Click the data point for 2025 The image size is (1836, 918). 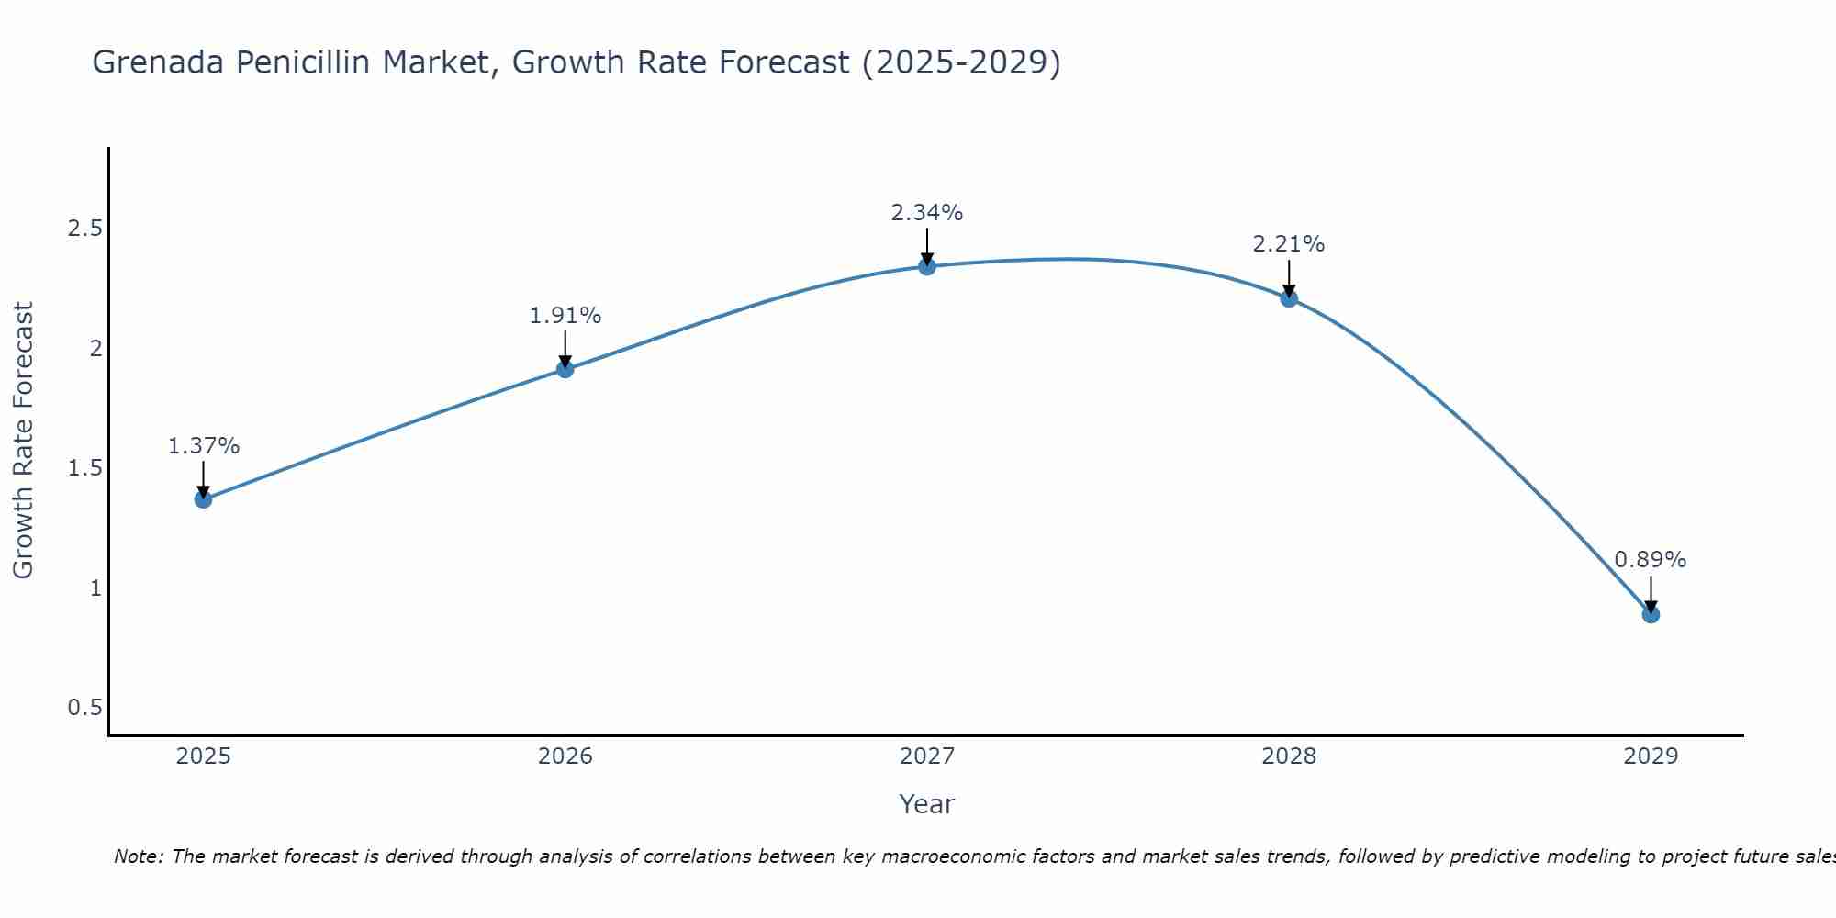[204, 499]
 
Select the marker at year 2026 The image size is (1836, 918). [565, 369]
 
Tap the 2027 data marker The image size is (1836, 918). [927, 266]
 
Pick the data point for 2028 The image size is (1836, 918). [1289, 297]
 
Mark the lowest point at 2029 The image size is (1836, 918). [1651, 614]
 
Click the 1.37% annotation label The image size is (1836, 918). [204, 446]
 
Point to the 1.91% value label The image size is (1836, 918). [565, 316]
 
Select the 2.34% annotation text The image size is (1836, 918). [927, 213]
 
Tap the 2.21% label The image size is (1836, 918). [1289, 244]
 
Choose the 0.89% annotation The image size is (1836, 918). [1651, 560]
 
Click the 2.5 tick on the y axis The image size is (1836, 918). [84, 229]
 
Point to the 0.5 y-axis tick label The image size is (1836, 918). [84, 708]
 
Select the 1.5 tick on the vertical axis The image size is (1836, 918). [84, 468]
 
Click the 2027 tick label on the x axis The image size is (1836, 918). [927, 756]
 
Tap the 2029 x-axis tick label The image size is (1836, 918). [1651, 756]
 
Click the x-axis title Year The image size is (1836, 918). [927, 804]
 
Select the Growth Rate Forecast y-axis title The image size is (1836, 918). [24, 441]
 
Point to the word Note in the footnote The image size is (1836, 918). [138, 856]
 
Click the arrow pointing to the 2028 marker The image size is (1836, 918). [1289, 277]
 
